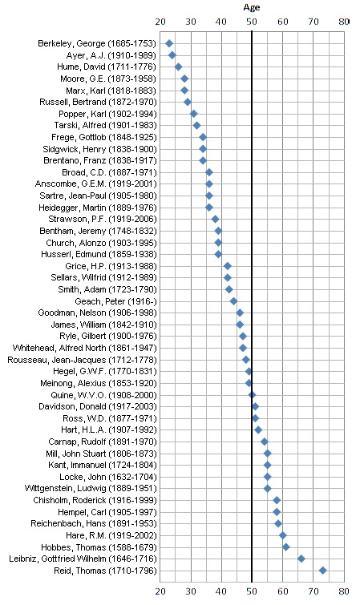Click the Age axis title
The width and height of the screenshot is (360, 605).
[x=252, y=7]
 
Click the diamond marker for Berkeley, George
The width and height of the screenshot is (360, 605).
[x=169, y=43]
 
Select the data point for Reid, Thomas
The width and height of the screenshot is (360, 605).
[x=322, y=571]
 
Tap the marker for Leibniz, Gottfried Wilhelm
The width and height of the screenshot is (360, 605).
[x=301, y=559]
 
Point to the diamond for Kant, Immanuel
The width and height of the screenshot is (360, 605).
[x=267, y=465]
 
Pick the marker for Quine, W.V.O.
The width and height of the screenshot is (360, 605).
[x=252, y=395]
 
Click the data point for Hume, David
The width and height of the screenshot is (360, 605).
[x=178, y=67]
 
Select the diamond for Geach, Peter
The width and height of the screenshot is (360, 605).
[x=233, y=301]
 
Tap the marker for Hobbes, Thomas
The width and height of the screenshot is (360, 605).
[x=286, y=547]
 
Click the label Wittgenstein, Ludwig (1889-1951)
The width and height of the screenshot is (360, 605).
[x=91, y=489]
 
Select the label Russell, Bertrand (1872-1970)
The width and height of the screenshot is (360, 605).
[x=98, y=103]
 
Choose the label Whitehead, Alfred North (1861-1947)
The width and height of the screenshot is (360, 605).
[x=85, y=348]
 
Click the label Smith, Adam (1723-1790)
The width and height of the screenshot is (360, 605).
[x=107, y=289]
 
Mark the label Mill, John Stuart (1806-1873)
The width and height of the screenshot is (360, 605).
[x=102, y=454]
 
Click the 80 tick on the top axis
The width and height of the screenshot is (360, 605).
[x=344, y=22]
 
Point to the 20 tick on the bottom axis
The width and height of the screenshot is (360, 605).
[x=160, y=591]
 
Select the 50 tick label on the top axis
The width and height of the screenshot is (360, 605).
[x=252, y=22]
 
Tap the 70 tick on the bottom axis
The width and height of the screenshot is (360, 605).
[x=313, y=591]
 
